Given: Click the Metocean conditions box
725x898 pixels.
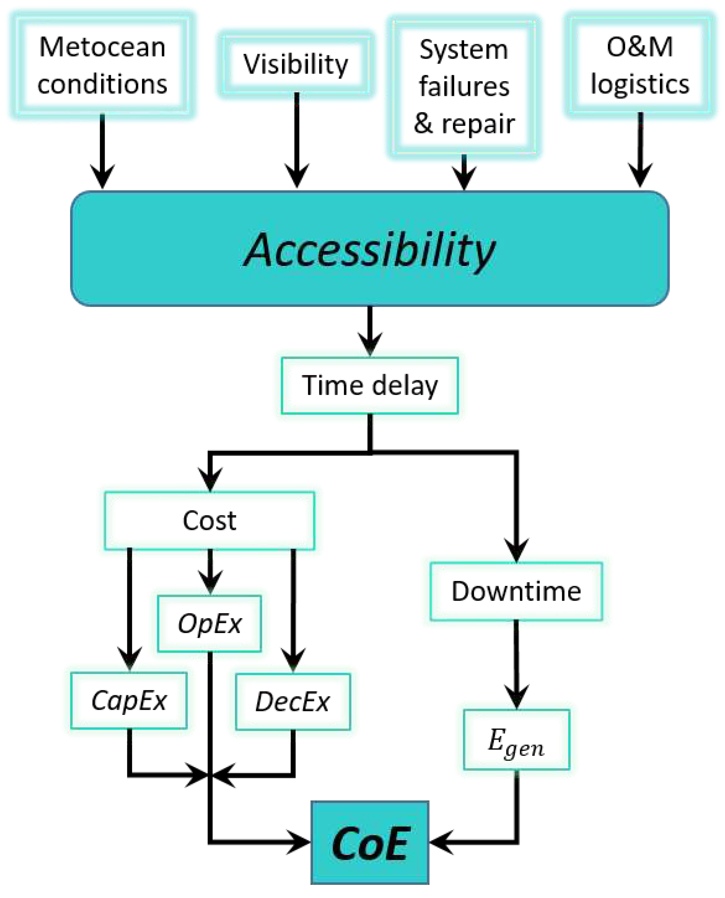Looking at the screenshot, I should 102,65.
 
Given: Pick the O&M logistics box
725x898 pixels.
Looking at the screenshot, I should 640,65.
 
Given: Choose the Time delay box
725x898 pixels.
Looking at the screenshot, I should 370,385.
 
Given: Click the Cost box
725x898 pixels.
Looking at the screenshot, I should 209,520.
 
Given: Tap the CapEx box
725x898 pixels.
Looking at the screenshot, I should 129,701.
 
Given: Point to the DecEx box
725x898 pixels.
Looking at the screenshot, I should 292,702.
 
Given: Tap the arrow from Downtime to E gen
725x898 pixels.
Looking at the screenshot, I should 517,665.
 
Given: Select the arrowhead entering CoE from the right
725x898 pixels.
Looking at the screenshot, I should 441,842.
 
